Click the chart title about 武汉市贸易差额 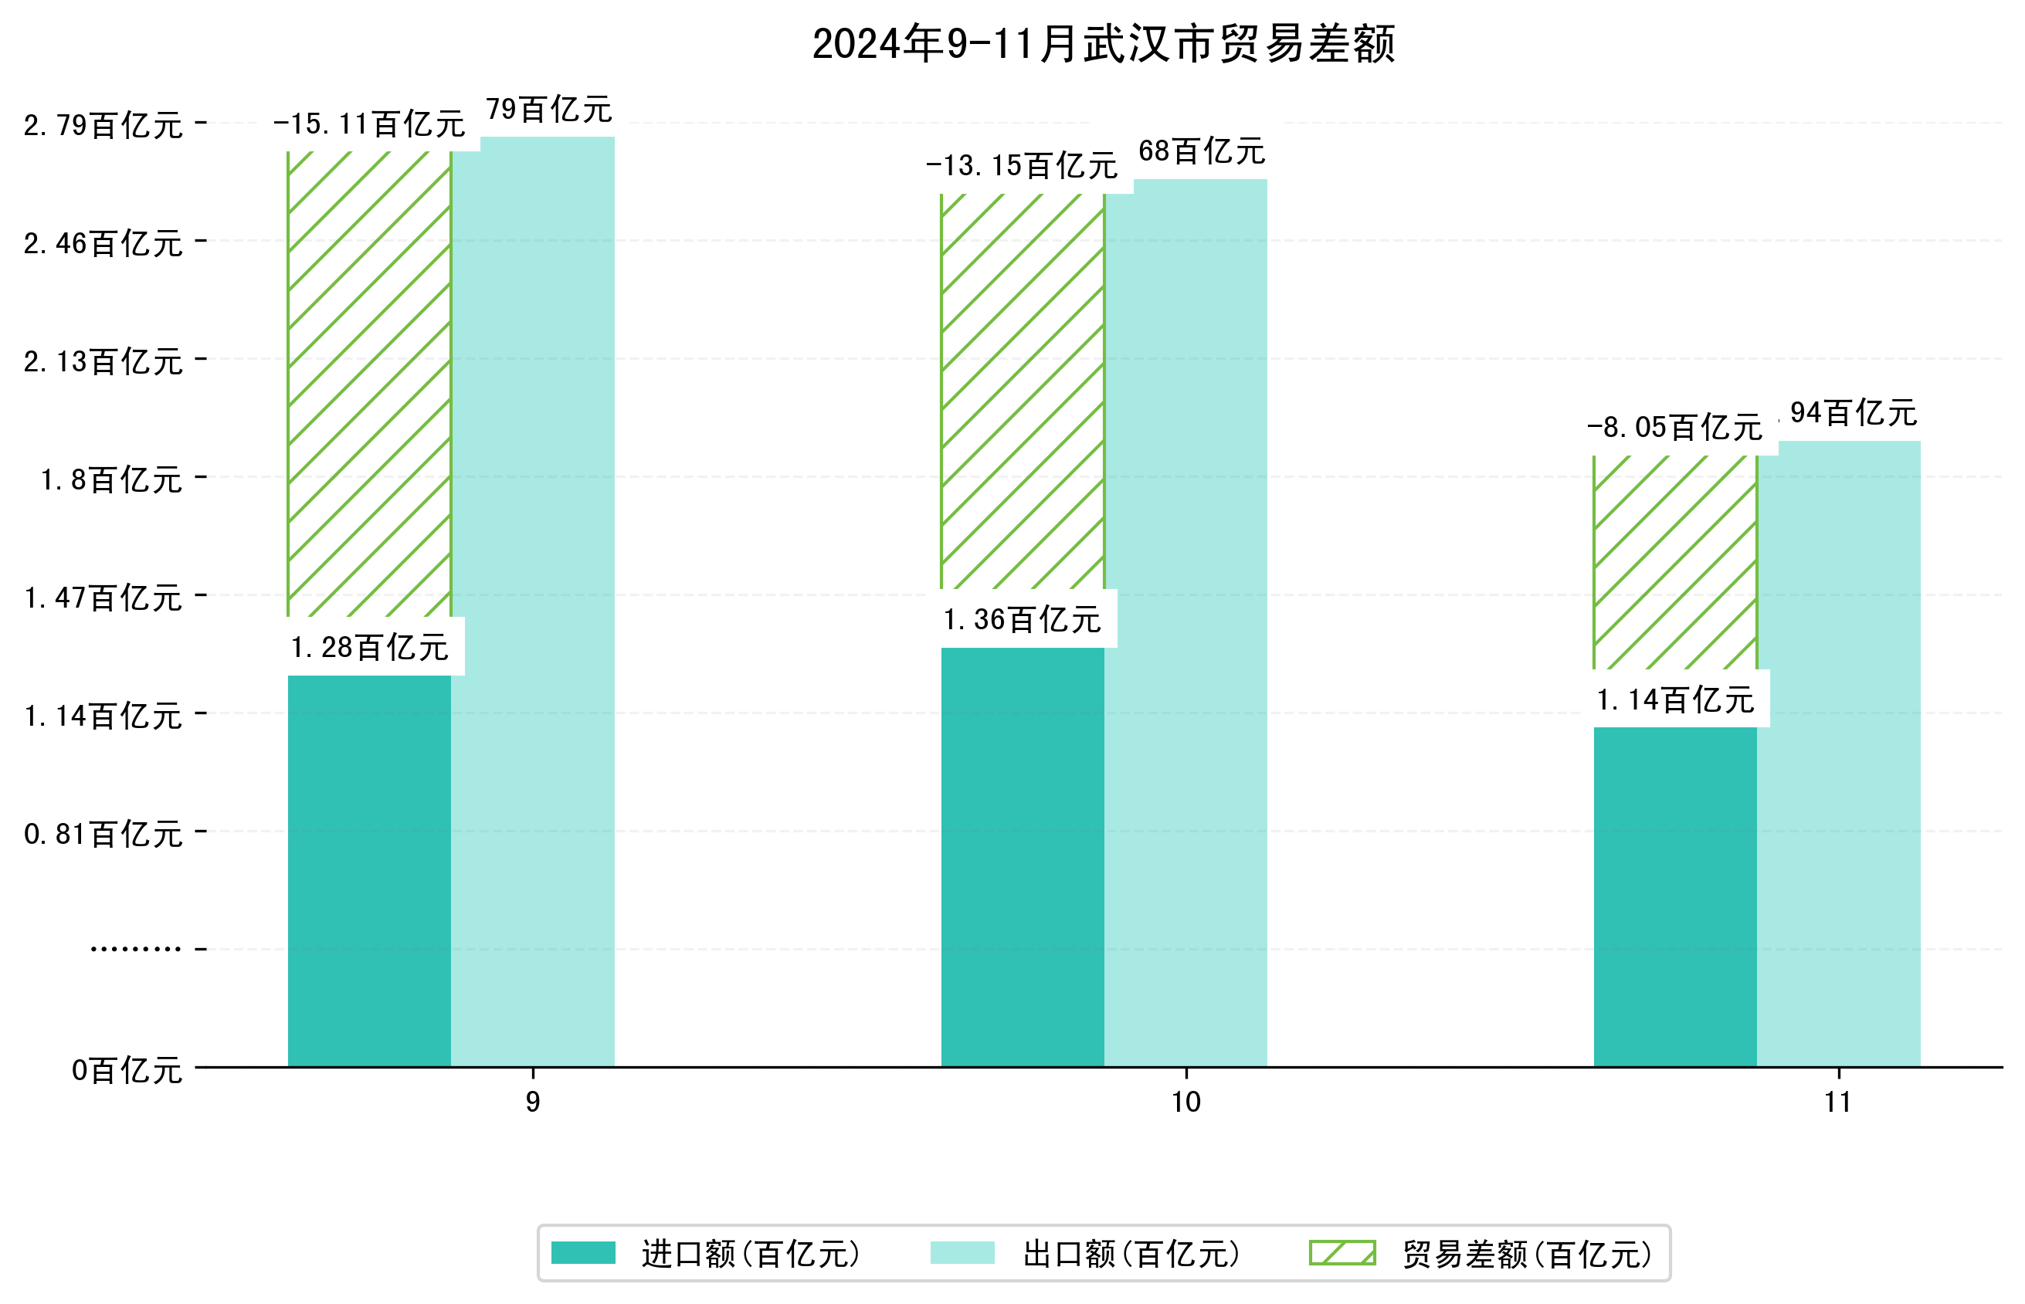(x=1103, y=44)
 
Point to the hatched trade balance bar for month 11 (x=1674, y=562)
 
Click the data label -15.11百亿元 (x=369, y=124)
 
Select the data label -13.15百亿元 (x=1022, y=166)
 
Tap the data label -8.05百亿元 (x=1674, y=428)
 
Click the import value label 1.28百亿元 (x=369, y=648)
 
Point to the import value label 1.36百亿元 (x=1022, y=620)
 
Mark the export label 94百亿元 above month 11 (x=1853, y=413)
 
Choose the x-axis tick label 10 (x=1185, y=1102)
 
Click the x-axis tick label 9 (x=533, y=1102)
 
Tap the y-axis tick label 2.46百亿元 (x=103, y=244)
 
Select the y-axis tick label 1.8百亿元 (x=112, y=480)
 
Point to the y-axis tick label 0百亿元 (x=127, y=1070)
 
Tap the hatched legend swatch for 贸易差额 (x=1342, y=1253)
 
